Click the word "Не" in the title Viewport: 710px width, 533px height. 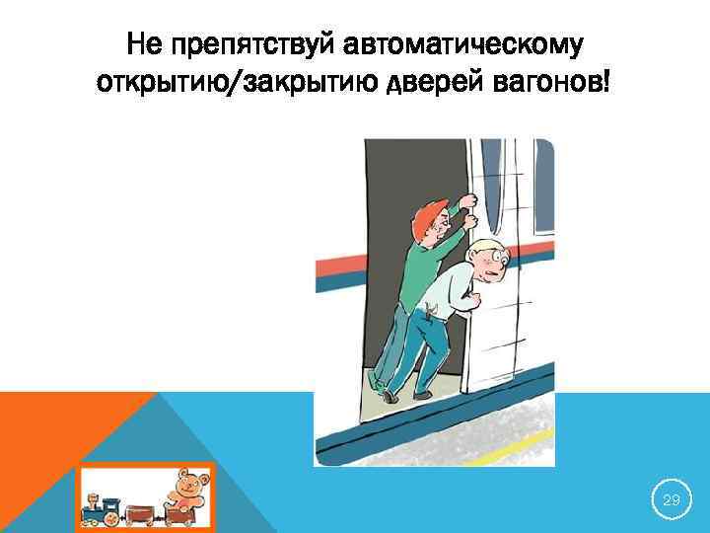(x=148, y=45)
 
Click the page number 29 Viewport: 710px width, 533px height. (x=671, y=501)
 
